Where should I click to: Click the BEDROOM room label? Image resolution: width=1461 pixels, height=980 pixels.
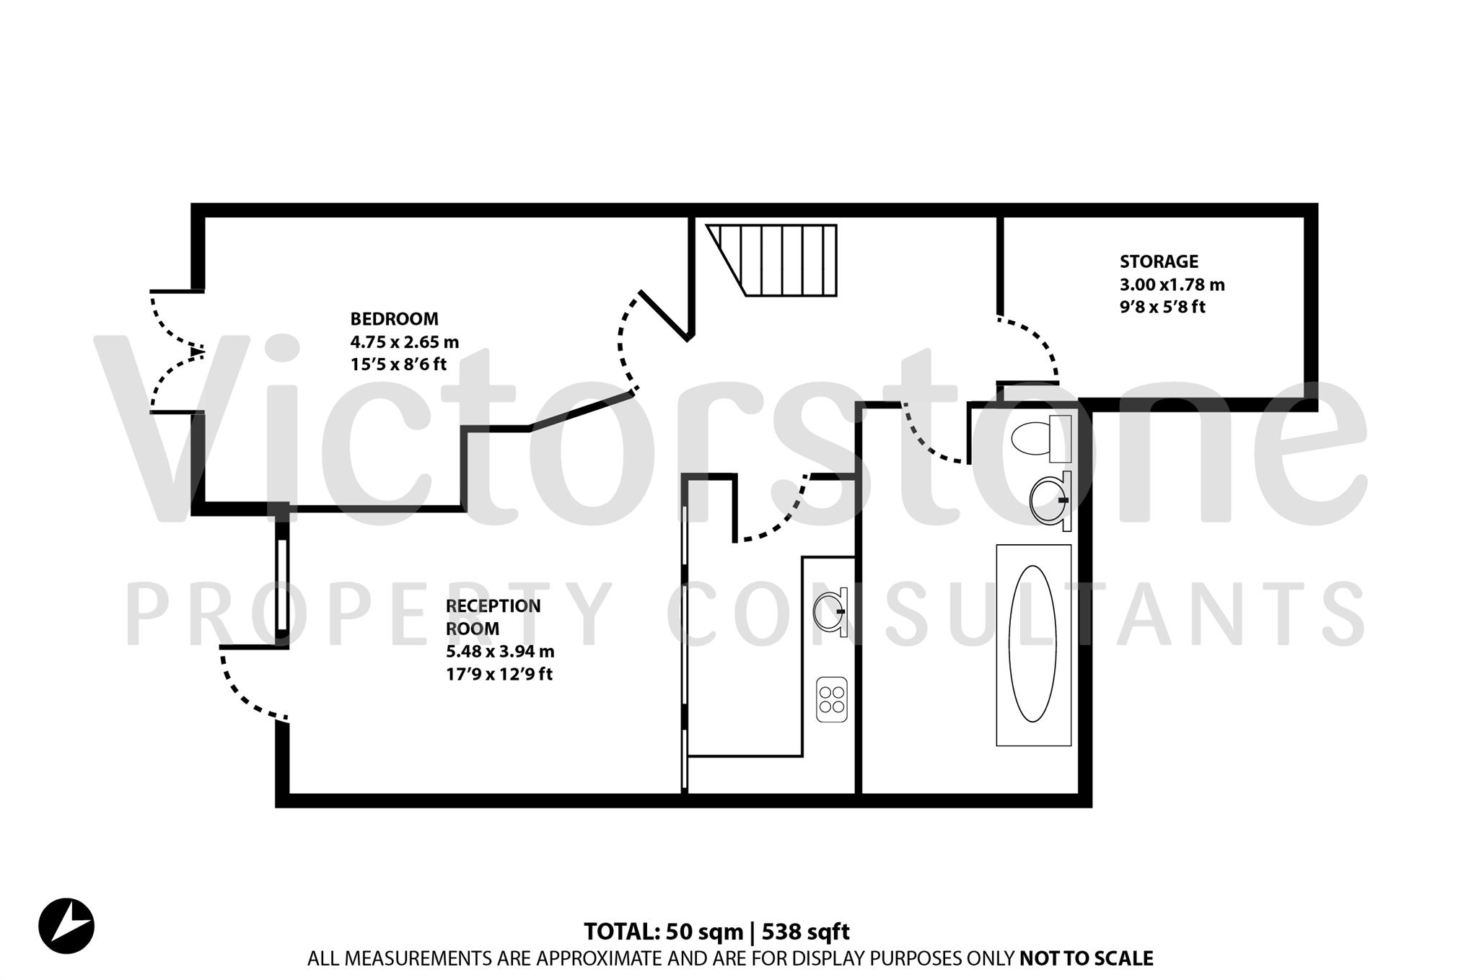coord(394,319)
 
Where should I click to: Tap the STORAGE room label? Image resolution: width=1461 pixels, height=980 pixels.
coord(1159,262)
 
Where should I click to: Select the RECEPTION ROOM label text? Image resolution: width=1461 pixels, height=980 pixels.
coord(493,617)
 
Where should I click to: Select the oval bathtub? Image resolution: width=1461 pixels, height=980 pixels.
coord(1032,644)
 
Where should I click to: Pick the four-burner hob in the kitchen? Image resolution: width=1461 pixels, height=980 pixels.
coord(831,699)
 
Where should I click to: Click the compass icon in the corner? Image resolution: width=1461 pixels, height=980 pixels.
coord(66,926)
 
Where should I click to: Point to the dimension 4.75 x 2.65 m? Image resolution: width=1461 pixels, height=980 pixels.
coord(404,342)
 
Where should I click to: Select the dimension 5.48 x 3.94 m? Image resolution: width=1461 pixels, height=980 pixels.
coord(499,652)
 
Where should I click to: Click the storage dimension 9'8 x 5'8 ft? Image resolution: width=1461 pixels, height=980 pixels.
coord(1162,307)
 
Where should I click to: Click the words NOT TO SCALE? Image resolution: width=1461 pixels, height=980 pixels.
coord(1086,958)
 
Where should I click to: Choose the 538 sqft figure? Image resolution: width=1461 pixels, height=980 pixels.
coord(806,932)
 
